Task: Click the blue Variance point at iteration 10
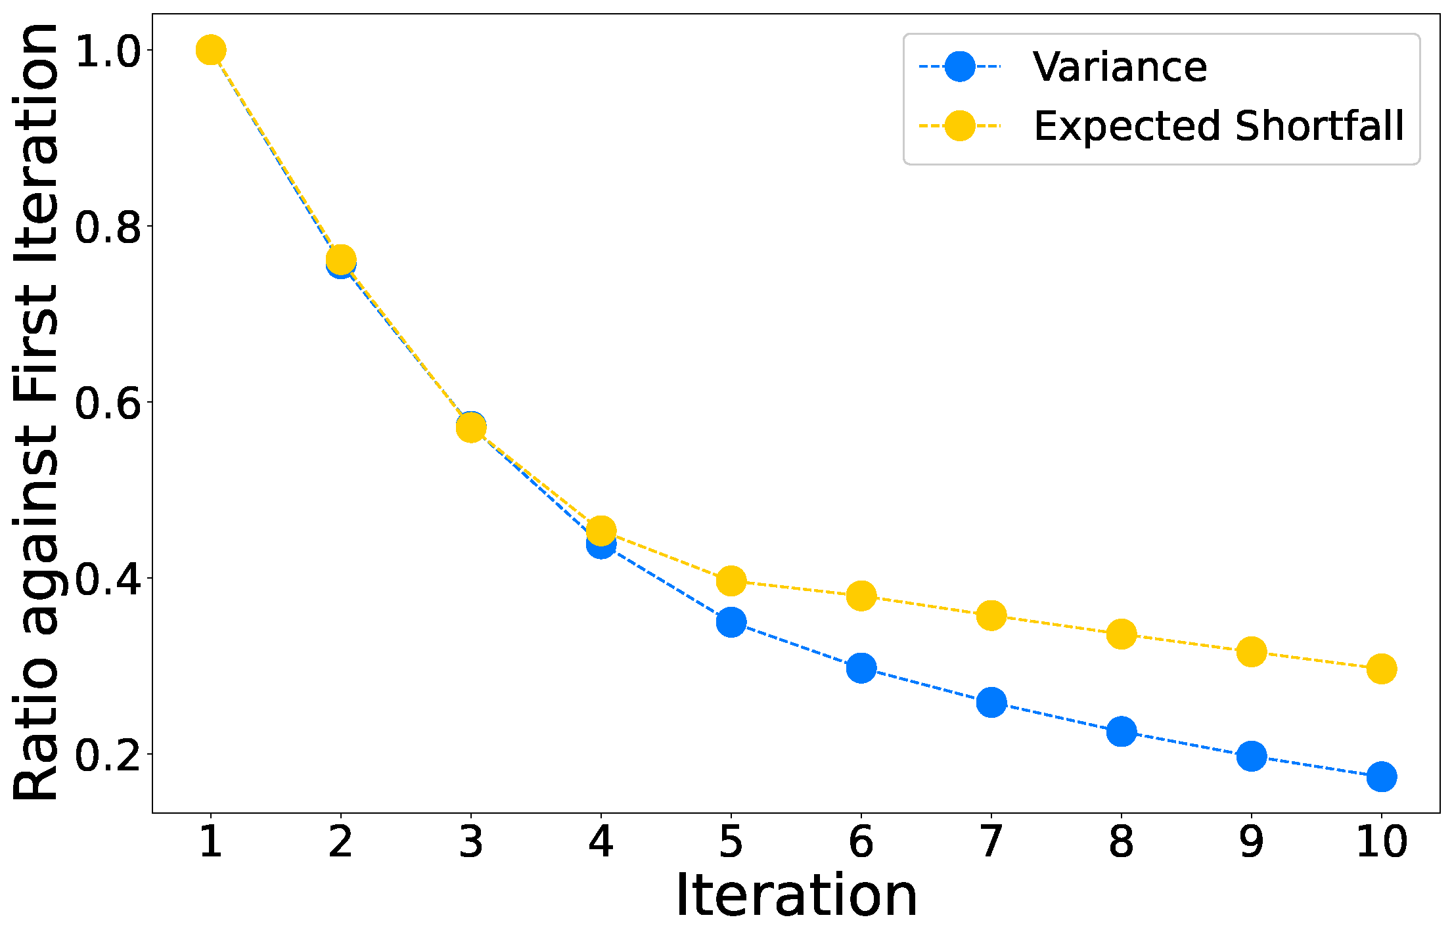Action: pos(1381,777)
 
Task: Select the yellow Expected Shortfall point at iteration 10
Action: pos(1381,669)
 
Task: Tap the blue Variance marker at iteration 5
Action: pos(731,622)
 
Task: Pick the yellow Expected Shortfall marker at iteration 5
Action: pos(731,581)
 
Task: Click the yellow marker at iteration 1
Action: pos(210,50)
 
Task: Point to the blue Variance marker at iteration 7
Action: pos(991,703)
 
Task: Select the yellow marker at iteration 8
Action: pos(1121,634)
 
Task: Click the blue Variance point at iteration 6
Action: pos(861,669)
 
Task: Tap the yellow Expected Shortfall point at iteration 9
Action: pos(1251,652)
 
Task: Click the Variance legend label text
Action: pos(1119,67)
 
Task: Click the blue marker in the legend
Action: pos(959,67)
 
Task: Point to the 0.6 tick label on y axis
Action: pos(108,403)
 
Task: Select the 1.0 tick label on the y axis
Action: pos(108,51)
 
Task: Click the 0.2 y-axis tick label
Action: pos(108,755)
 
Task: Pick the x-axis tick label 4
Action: pos(601,841)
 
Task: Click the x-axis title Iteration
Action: pos(796,896)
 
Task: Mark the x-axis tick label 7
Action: pos(991,841)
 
